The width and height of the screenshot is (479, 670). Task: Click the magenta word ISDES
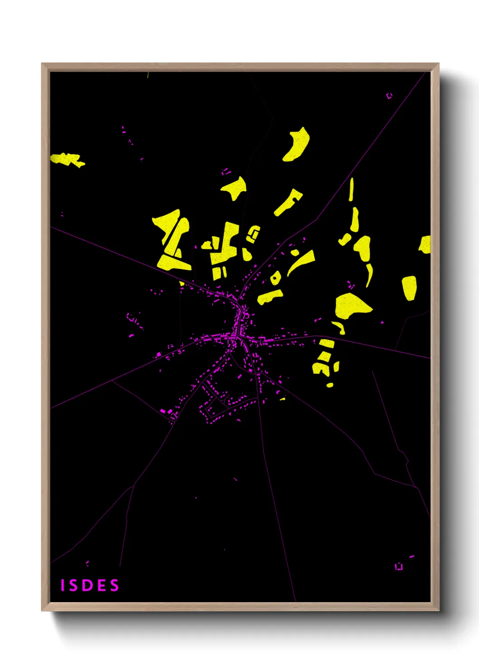click(x=90, y=585)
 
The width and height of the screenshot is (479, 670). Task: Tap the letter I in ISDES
click(x=62, y=585)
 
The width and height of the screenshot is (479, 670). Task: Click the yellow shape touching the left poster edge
click(x=66, y=159)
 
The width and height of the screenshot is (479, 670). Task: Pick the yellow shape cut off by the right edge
click(x=425, y=244)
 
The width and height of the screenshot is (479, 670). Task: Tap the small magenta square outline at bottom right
click(x=398, y=567)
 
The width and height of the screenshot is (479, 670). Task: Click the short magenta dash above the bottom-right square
click(x=411, y=556)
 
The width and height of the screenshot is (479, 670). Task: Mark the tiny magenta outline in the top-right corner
click(x=389, y=96)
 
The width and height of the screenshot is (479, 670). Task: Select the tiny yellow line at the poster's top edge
click(x=148, y=75)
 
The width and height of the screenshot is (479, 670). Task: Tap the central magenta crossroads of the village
click(x=236, y=336)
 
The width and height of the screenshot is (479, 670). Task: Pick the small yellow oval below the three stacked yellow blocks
click(x=330, y=385)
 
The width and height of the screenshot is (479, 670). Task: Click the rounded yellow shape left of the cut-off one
click(x=409, y=287)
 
